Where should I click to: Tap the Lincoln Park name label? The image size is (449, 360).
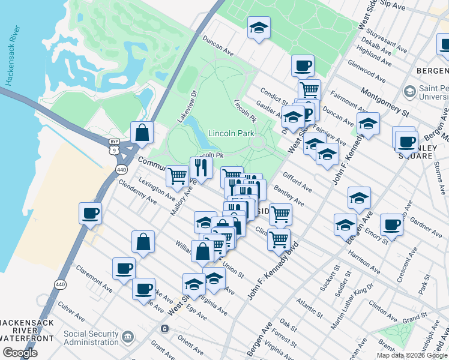pos(232,133)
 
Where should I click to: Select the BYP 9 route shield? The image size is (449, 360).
pos(114,146)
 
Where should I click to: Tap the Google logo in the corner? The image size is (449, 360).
pos(20,353)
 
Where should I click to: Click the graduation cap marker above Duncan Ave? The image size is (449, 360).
pos(259,28)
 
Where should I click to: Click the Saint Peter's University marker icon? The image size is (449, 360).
pos(410,91)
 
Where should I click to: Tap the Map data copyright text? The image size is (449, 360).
pos(412,355)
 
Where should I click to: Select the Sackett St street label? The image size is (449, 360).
pos(331,277)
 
